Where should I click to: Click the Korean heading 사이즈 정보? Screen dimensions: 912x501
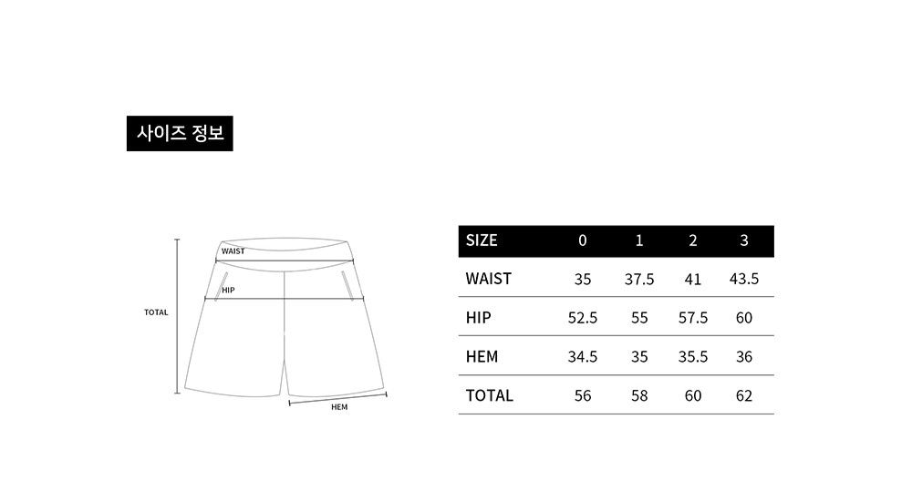[180, 133]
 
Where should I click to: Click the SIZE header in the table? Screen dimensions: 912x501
[482, 240]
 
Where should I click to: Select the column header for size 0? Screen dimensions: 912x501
[582, 240]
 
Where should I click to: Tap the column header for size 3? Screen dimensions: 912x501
[744, 240]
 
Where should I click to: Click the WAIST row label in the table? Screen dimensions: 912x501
[489, 279]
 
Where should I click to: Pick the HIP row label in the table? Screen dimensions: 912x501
[478, 318]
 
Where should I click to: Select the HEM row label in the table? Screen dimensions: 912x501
[482, 357]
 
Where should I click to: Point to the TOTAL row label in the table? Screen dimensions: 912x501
[489, 396]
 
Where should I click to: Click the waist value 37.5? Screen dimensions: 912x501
[639, 280]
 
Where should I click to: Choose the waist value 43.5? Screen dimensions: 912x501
[744, 279]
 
